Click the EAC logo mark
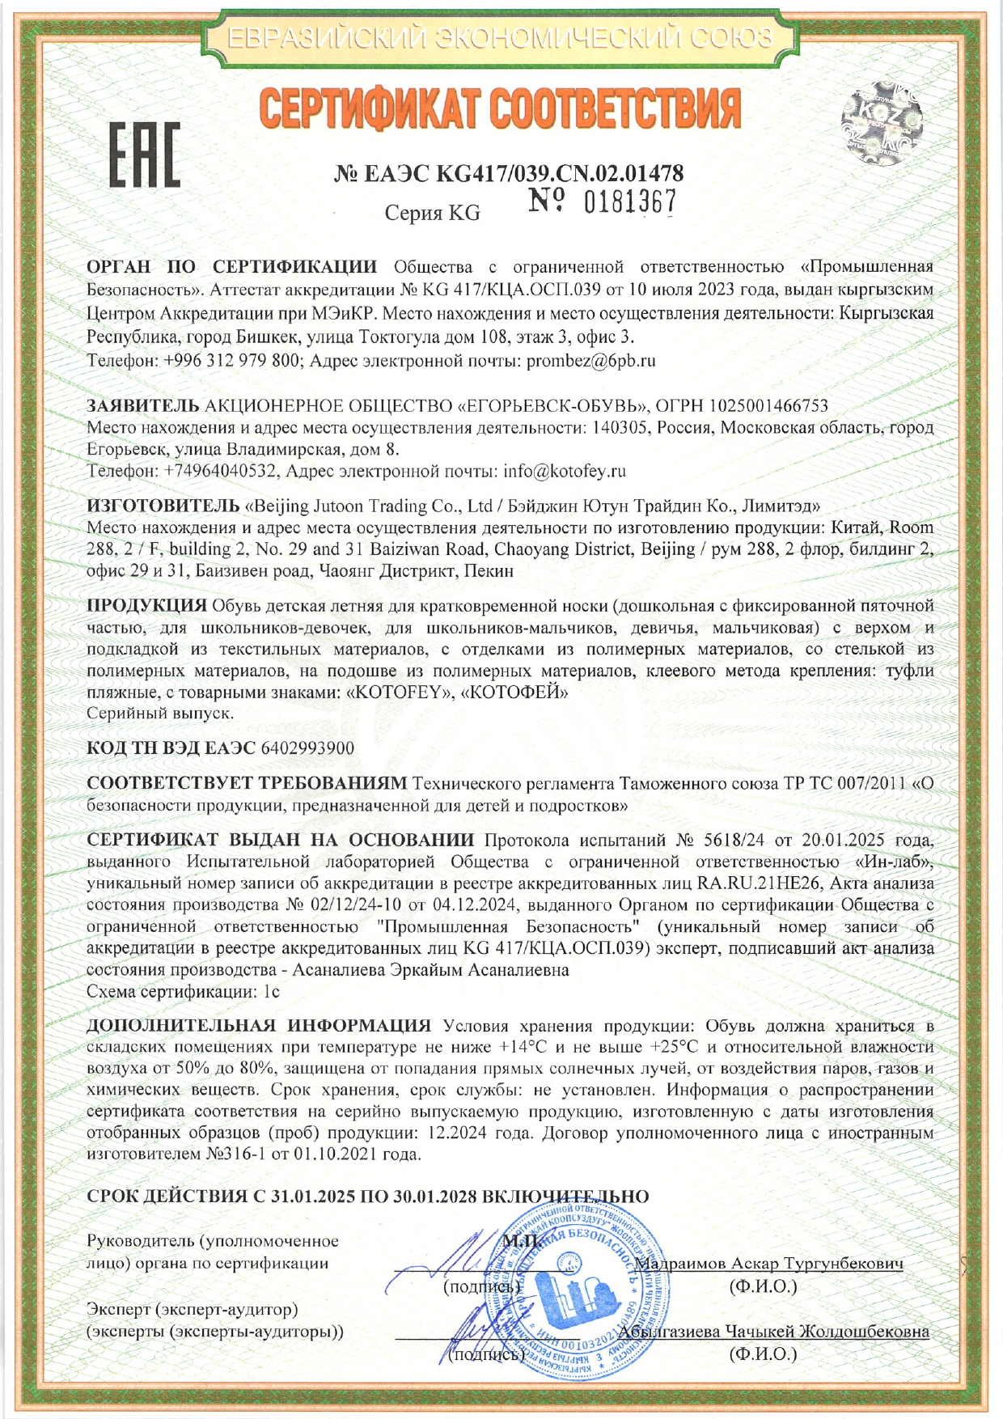[x=146, y=155]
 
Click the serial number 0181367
[x=629, y=201]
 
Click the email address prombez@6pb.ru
[x=590, y=361]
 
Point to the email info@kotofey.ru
[x=565, y=471]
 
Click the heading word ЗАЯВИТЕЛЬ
[x=142, y=405]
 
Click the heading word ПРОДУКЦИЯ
[x=146, y=606]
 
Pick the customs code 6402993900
[x=308, y=748]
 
